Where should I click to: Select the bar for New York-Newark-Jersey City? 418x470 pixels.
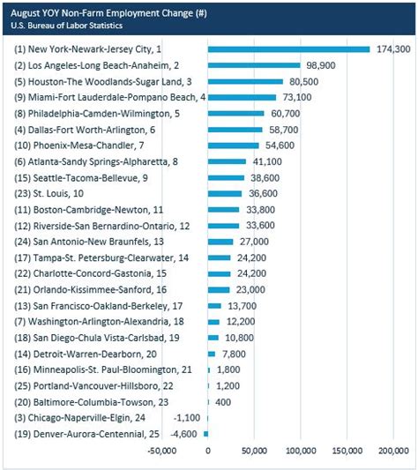pos(288,49)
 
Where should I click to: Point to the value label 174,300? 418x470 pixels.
pos(392,49)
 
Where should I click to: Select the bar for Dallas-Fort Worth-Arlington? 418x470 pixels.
pos(235,130)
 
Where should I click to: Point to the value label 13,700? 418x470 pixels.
pos(242,305)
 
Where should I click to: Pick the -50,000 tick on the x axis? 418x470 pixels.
pos(161,452)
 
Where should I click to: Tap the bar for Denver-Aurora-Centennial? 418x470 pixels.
pos(205,434)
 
